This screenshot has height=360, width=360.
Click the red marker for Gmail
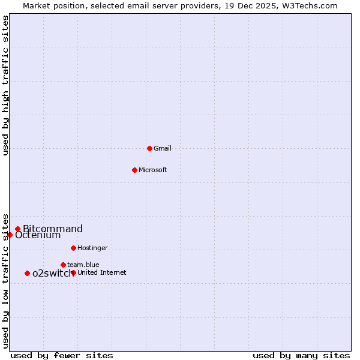coord(149,148)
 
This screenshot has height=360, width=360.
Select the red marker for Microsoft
coord(134,170)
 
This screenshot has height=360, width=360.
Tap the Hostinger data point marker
coord(73,248)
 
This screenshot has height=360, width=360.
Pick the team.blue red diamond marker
coord(63,265)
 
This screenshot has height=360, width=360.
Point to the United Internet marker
coord(73,272)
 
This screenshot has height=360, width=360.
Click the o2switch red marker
coord(27,274)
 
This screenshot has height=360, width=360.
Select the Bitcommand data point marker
coord(18,229)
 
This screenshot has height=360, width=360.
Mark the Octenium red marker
coord(10,235)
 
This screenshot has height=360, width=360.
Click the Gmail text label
coord(163,148)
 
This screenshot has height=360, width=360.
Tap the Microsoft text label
coord(153,170)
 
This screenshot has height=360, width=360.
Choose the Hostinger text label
coord(92,248)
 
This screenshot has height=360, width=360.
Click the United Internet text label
coord(102,272)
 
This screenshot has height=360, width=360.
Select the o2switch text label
coord(53,274)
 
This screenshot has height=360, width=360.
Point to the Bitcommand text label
coord(53,229)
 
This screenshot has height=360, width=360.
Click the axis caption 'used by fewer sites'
coord(62,355)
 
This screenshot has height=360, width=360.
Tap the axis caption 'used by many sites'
coord(301,355)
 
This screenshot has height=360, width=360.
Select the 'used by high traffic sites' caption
coord(5,85)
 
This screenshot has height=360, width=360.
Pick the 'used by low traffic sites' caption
coord(5,281)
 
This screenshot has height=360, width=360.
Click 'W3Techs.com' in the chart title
coord(313,5)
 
